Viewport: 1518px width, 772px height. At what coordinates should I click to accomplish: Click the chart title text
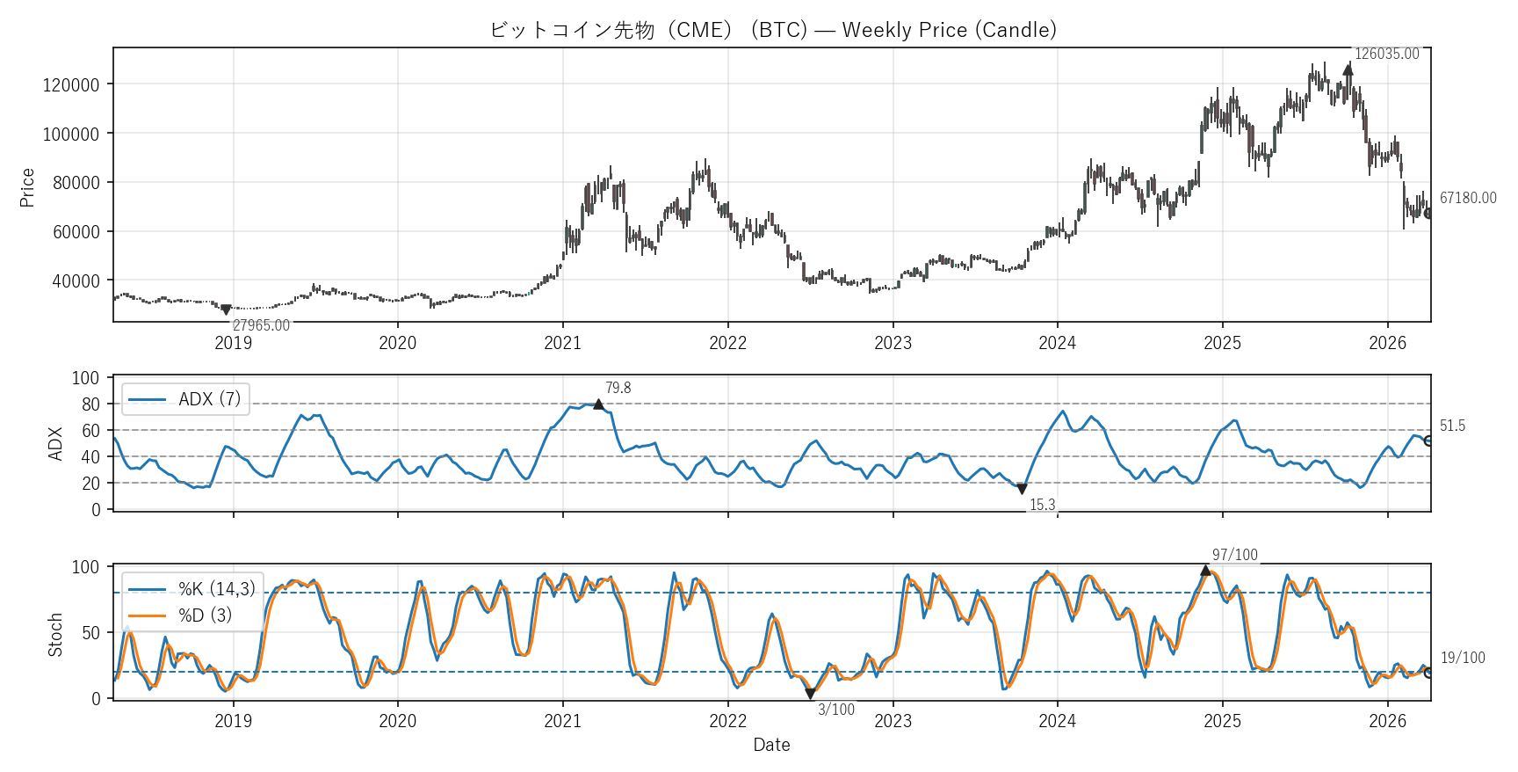click(772, 30)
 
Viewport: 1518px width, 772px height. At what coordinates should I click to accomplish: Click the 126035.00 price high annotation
click(1386, 54)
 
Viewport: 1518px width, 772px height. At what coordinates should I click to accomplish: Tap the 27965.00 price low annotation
click(261, 325)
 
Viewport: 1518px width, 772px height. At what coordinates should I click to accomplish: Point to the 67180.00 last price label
click(1467, 198)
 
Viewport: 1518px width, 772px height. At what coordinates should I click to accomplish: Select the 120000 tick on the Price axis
click(71, 85)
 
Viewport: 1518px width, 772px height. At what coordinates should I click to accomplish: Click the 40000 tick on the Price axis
click(76, 281)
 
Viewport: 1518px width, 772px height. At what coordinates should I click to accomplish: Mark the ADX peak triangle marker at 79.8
click(598, 404)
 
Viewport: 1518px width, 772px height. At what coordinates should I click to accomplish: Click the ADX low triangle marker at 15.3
click(1022, 489)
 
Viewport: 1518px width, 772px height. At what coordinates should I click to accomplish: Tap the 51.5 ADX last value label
click(1452, 426)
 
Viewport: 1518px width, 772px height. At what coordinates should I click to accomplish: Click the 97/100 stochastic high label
click(1234, 555)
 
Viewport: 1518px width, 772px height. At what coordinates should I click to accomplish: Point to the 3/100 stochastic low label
click(835, 710)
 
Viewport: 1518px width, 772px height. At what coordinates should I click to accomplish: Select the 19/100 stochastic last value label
click(1462, 658)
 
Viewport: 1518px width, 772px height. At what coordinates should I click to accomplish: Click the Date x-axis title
click(771, 745)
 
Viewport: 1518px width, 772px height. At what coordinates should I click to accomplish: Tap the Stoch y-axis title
click(55, 635)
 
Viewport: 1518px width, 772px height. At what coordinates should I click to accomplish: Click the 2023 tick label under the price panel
click(893, 343)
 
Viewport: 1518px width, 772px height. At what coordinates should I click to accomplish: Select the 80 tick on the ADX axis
click(90, 404)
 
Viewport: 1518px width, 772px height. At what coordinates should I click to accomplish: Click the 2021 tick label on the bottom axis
click(562, 721)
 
